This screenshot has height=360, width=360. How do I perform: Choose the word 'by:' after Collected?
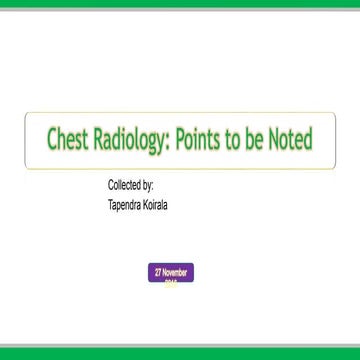click(151, 187)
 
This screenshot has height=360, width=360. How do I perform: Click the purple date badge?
click(173, 273)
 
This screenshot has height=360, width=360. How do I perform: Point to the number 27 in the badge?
click(158, 272)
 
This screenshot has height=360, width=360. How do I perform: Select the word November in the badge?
click(177, 272)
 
